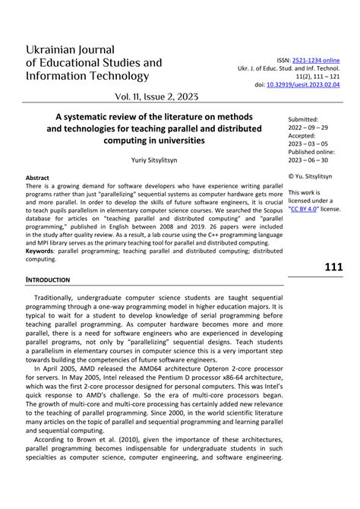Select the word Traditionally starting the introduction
point(63,280)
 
